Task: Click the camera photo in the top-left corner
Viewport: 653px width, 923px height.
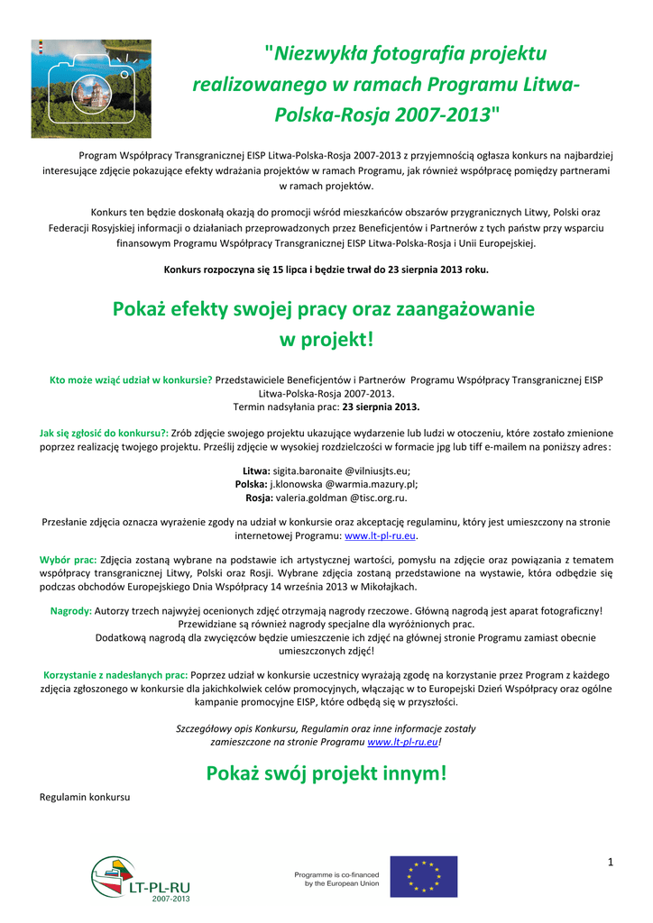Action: pos(91,88)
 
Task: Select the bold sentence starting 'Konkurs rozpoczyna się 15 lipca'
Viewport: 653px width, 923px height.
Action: pos(326,269)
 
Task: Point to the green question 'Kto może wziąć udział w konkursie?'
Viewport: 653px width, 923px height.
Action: pos(131,379)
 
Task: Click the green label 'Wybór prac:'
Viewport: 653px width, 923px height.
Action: pos(69,560)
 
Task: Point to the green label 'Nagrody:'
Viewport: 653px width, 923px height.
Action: pos(71,610)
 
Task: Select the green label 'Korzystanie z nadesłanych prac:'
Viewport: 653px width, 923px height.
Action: pos(116,674)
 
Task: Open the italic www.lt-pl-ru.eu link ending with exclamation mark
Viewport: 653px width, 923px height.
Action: pos(403,741)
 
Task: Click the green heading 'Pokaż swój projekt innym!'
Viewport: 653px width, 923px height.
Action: pos(326,773)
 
